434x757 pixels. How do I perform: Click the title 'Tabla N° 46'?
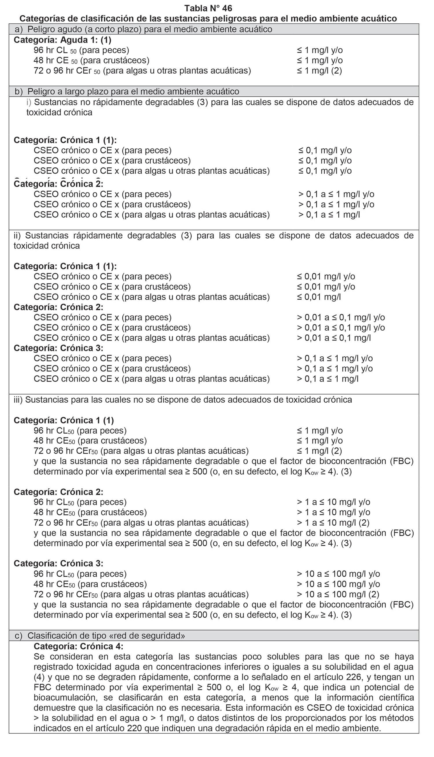point(208,8)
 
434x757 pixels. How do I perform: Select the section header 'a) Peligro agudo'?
point(144,29)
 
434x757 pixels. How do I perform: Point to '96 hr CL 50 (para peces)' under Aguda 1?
point(81,50)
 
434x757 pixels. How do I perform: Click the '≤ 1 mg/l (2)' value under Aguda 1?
point(319,71)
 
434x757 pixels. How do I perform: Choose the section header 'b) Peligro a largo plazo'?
point(127,91)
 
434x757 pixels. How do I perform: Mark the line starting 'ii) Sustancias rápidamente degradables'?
point(214,236)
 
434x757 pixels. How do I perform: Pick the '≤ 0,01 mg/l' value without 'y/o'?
point(319,297)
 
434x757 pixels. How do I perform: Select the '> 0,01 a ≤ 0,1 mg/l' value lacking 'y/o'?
point(334,338)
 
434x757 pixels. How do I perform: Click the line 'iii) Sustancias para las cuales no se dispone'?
point(183,399)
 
